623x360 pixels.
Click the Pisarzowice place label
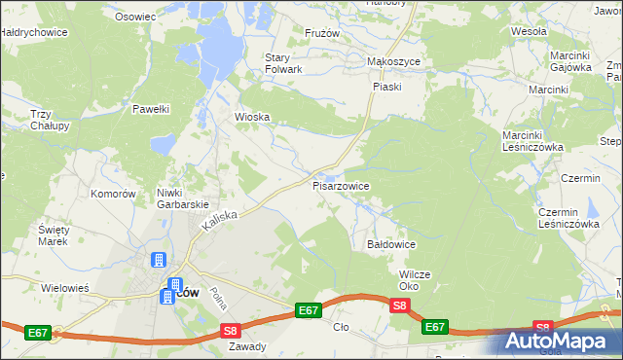(341, 184)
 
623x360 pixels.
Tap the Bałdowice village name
(391, 244)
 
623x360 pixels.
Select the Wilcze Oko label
(415, 280)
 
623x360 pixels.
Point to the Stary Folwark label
(284, 63)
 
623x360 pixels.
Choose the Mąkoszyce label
(392, 60)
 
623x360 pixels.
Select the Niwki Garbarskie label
(184, 198)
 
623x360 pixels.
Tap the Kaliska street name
(220, 219)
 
